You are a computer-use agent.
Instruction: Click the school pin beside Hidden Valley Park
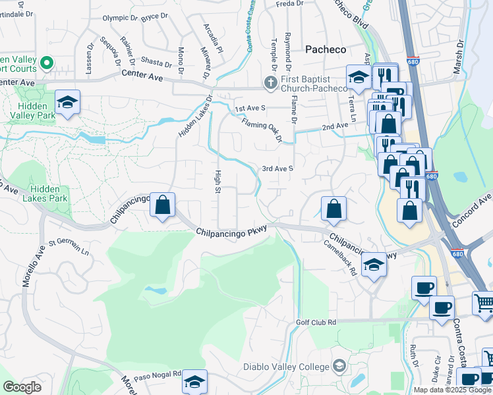tap(67, 102)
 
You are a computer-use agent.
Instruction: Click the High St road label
tap(217, 181)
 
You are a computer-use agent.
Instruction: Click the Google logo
tap(22, 387)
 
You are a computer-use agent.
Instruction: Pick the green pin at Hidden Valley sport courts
tap(46, 63)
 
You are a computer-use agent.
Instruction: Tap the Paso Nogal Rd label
tap(158, 375)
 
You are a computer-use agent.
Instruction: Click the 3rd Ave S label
tap(277, 169)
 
